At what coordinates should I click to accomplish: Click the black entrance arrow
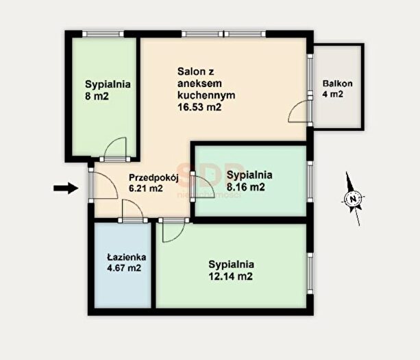tap(66, 188)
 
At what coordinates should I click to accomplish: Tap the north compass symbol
tap(354, 199)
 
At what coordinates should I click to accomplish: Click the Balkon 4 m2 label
tap(337, 88)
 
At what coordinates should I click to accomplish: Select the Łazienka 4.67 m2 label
tap(127, 263)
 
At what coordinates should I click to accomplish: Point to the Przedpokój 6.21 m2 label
tap(153, 183)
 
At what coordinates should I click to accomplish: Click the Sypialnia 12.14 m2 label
tap(231, 270)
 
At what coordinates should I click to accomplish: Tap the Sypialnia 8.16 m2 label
tap(249, 180)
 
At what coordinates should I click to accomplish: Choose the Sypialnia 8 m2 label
tap(108, 90)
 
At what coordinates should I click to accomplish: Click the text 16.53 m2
tap(199, 107)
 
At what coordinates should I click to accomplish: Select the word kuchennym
tap(206, 95)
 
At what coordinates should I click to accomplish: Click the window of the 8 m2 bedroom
tap(103, 34)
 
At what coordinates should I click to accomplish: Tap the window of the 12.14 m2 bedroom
tap(310, 274)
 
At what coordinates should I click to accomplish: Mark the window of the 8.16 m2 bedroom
tap(310, 182)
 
